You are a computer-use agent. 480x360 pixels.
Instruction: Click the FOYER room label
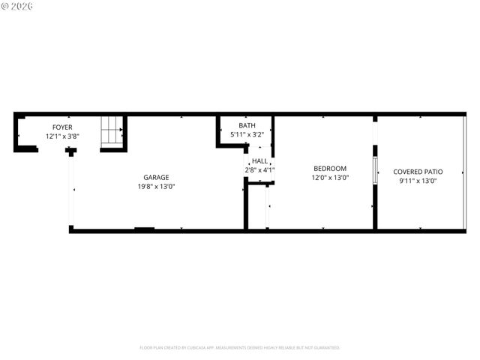coord(62,127)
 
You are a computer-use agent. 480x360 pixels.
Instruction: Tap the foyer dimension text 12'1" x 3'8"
coord(62,136)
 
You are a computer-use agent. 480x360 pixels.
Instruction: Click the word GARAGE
coord(156,178)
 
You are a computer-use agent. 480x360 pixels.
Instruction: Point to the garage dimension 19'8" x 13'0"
coord(156,187)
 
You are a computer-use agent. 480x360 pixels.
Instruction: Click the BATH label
coord(247,125)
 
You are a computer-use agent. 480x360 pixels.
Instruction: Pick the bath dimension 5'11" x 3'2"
coord(247,134)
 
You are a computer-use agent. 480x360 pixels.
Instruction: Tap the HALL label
coord(259,161)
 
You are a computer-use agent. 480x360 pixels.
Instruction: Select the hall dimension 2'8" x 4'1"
coord(259,170)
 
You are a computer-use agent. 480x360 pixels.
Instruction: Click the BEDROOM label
coord(329,169)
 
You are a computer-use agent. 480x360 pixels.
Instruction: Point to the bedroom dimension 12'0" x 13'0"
coord(329,178)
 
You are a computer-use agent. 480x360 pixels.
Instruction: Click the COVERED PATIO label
coord(418,172)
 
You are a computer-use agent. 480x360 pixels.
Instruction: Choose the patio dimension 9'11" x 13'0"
coord(418,181)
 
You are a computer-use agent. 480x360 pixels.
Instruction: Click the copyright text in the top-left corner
coord(18,6)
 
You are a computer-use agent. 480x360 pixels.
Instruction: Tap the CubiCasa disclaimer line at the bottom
coord(239,348)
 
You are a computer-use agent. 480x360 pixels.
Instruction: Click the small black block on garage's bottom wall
coord(144,229)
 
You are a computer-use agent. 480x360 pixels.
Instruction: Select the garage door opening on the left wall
coord(71,191)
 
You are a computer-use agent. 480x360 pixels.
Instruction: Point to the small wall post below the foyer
coord(70,151)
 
